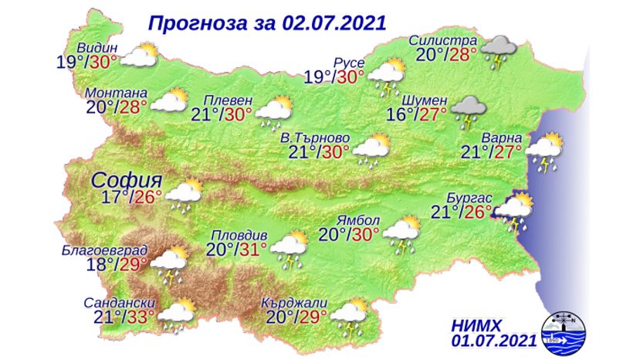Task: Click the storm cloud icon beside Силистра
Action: (499, 49)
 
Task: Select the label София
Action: (127, 180)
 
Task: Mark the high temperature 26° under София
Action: (149, 198)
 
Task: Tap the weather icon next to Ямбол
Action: (401, 231)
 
